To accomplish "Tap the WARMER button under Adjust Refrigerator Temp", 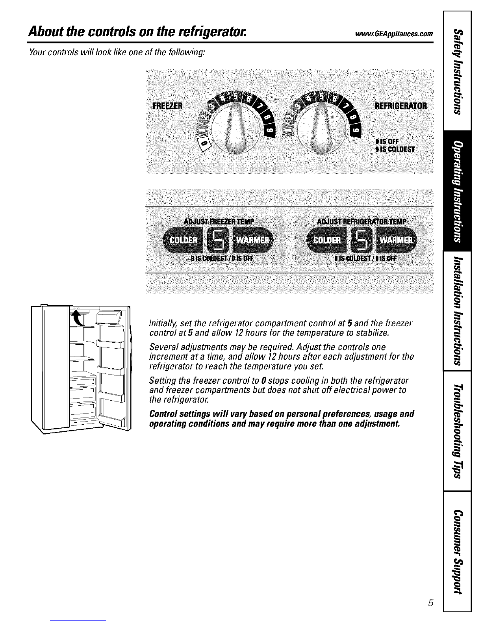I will [399, 240].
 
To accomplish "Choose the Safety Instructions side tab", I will [457, 71].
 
